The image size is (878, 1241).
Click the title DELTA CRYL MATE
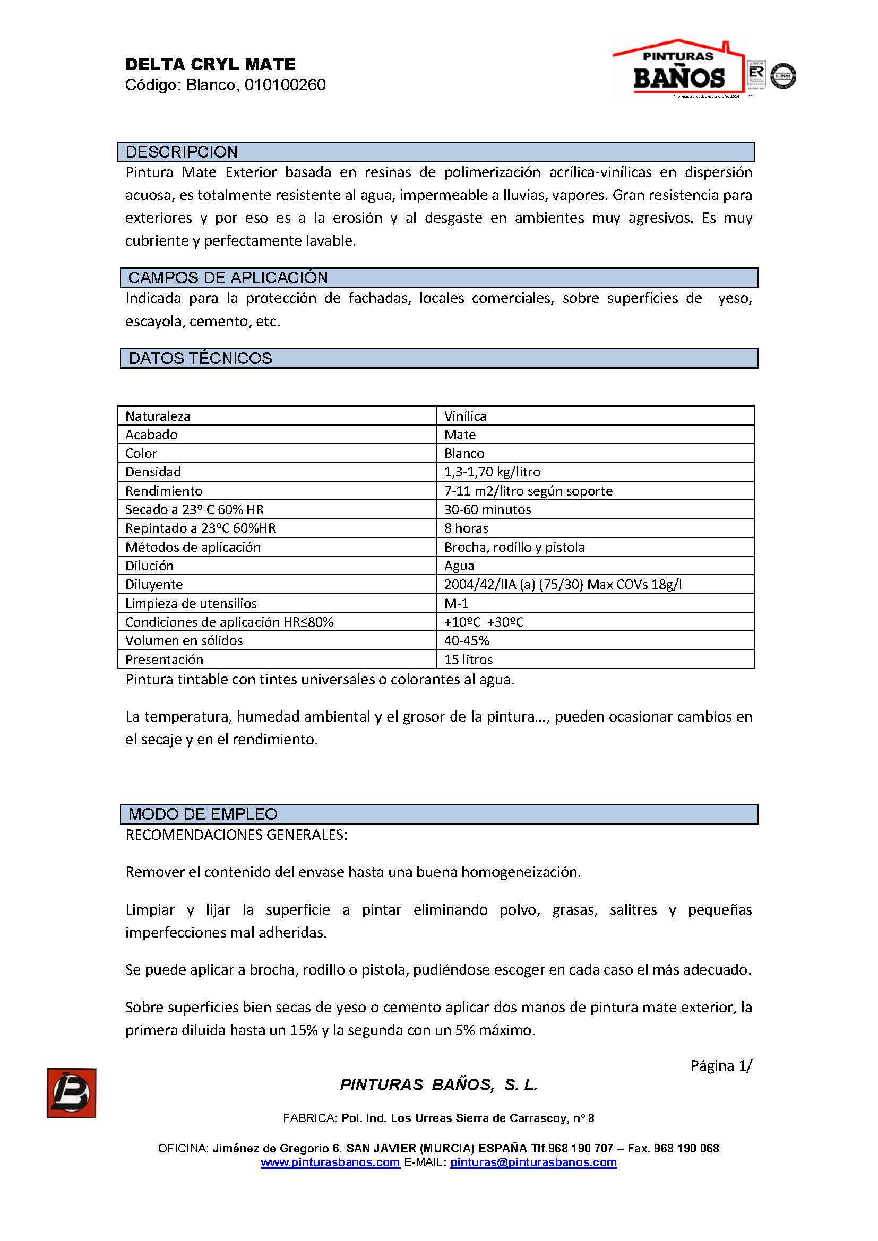tap(210, 64)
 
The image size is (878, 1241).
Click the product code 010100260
tap(285, 85)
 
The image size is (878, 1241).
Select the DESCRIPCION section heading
tap(182, 152)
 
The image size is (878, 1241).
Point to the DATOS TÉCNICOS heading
tap(200, 358)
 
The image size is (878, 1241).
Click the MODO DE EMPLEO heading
tap(203, 814)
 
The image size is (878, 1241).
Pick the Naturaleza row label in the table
tap(158, 416)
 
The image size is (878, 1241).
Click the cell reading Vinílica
tap(465, 416)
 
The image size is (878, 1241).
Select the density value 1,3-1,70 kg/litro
tap(492, 472)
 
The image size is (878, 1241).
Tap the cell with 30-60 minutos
tap(487, 509)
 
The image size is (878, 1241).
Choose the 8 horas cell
tap(466, 528)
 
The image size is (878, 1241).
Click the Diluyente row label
tap(154, 584)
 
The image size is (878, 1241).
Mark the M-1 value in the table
tap(457, 603)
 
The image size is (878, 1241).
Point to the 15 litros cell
tap(468, 659)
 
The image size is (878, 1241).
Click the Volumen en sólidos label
tap(184, 640)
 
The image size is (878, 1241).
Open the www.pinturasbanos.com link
tap(330, 1162)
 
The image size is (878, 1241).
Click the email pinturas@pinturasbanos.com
tap(533, 1162)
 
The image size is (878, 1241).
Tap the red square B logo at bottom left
tap(71, 1092)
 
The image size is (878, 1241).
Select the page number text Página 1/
tap(721, 1065)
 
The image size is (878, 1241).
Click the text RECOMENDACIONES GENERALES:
tap(236, 835)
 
